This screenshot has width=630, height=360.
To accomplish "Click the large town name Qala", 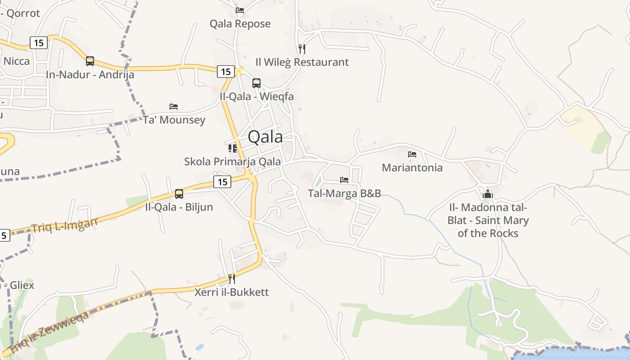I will [x=265, y=137].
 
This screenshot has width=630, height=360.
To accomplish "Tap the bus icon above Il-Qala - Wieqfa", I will [x=256, y=83].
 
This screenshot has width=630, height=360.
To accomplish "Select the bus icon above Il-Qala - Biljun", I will [x=179, y=194].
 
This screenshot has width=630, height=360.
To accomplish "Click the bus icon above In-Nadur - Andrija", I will [x=90, y=61].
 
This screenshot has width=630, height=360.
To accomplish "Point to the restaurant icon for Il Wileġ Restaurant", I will [x=302, y=49].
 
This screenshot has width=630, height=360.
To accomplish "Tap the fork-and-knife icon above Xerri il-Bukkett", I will [x=232, y=279].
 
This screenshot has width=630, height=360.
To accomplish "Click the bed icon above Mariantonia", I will [x=412, y=154].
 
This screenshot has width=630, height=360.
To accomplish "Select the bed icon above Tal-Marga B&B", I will [x=344, y=180].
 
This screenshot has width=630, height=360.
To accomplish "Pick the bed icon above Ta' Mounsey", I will [x=174, y=107].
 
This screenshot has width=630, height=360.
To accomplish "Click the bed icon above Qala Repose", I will [x=240, y=10].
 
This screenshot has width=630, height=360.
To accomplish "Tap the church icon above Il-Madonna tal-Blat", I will [x=488, y=194].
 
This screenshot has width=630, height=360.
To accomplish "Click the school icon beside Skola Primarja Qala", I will [x=232, y=148].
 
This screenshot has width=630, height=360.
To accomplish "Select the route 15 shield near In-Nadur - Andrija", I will [x=39, y=43].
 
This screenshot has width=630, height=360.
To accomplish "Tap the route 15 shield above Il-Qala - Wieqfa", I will [x=226, y=71].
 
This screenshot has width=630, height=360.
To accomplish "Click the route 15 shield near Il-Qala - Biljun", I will [x=222, y=182].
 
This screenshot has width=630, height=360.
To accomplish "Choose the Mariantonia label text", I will [x=412, y=168].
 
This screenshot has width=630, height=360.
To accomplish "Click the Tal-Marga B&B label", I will [x=344, y=193].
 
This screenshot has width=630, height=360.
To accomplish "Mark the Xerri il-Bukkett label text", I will [x=232, y=292].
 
